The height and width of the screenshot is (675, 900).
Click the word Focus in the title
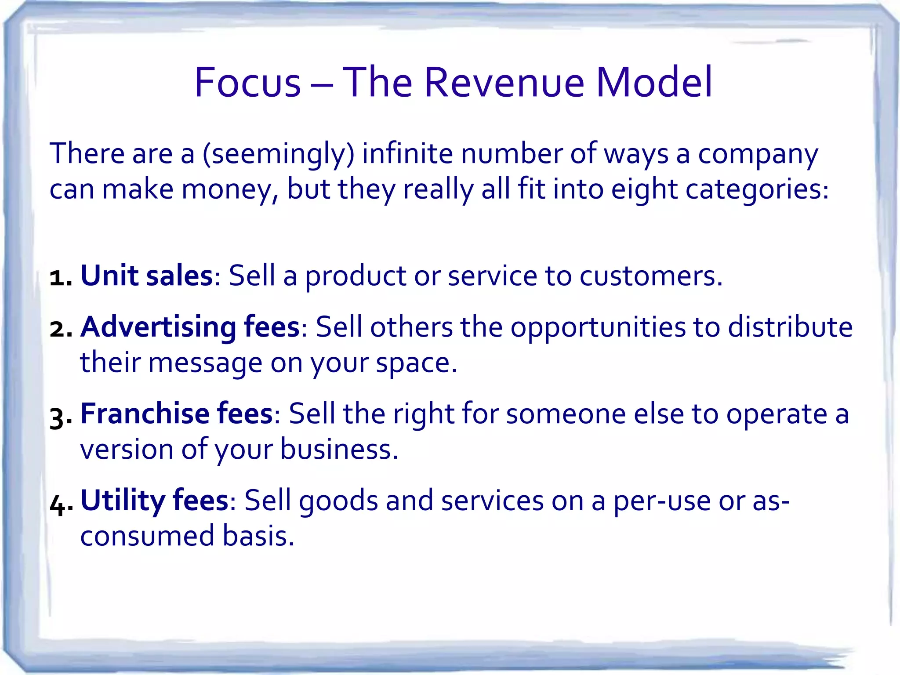[247, 83]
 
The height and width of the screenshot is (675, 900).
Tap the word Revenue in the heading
[504, 83]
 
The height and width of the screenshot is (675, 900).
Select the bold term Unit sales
[147, 276]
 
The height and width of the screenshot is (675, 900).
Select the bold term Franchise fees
[177, 414]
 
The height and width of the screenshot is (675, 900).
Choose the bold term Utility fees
[154, 501]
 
